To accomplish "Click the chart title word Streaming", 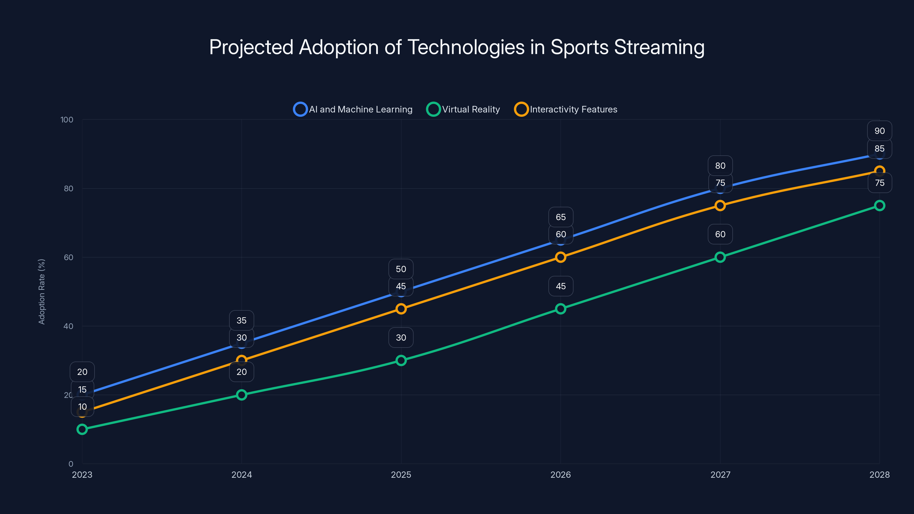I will point(659,47).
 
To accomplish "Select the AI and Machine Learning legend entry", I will point(353,109).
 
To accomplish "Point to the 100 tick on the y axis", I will point(67,120).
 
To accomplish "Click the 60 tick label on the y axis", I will point(69,257).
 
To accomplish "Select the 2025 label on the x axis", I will point(401,475).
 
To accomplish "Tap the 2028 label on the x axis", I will point(879,475).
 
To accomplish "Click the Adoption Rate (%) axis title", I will point(41,292).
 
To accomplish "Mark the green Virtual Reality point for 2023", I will point(82,429).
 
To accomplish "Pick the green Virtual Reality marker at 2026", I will point(561,309).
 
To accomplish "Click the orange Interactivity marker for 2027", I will point(720,205).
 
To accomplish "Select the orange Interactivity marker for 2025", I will point(401,309).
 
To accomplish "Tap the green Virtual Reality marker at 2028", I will point(879,205).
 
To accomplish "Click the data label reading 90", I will point(879,131).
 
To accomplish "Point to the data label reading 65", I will point(561,217).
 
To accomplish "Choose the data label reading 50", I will point(401,269).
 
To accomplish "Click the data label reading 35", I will point(242,320).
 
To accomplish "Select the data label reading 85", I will point(879,148).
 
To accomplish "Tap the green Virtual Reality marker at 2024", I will point(242,395).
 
